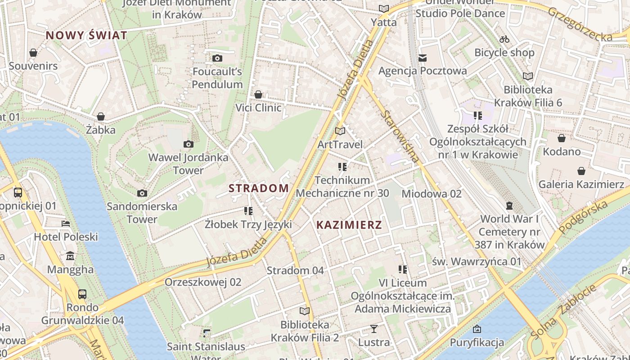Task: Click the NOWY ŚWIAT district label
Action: pos(86,36)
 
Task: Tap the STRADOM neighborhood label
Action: pos(259,188)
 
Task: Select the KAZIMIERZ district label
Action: pos(349,225)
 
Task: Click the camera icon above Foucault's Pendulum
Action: pos(217,58)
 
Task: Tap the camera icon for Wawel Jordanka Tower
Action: pos(189,144)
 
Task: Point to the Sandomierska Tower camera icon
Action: pos(142,193)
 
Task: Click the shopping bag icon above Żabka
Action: pos(101,117)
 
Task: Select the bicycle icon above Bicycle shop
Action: pos(504,39)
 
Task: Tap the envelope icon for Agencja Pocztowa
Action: pos(423,58)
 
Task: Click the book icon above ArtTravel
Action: pos(340,131)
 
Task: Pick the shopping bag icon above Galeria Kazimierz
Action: pos(581,171)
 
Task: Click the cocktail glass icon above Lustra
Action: pos(373,328)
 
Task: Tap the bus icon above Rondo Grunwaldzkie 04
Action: pos(82,294)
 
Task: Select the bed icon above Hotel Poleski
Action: pos(66,223)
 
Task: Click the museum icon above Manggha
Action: pos(70,256)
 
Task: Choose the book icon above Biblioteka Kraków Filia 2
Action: pos(305,311)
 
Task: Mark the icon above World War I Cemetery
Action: pos(509,206)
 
